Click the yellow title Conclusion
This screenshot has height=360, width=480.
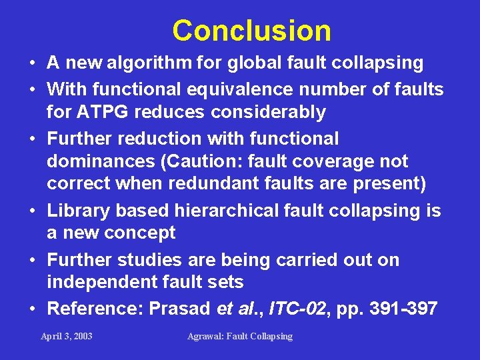251,31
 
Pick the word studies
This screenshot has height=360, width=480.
155,260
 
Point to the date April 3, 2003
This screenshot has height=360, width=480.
67,336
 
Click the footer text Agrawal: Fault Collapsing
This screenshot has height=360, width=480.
240,336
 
